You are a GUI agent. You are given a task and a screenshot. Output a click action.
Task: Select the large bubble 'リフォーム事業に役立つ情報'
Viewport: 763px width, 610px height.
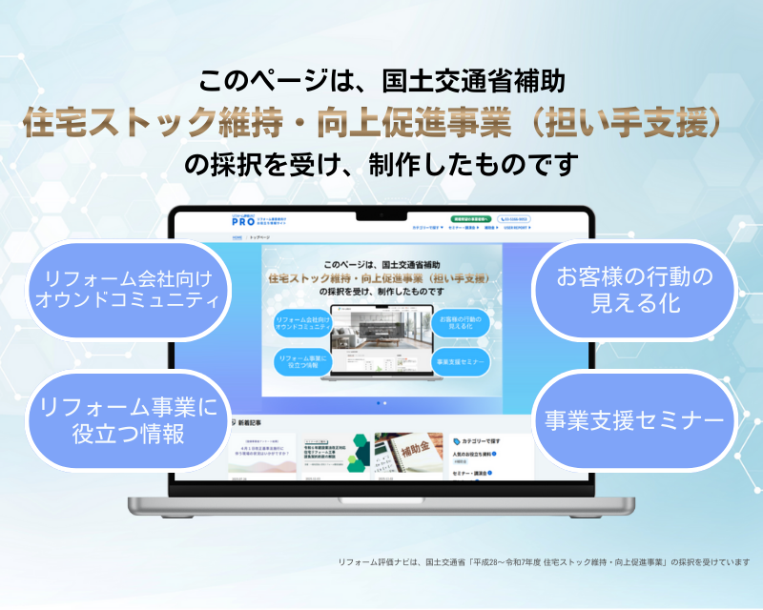coord(130,419)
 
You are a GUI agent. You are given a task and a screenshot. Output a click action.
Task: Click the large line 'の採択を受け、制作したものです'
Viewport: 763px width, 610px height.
coord(381,164)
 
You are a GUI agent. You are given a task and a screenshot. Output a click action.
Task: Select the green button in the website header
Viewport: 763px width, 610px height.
coord(471,219)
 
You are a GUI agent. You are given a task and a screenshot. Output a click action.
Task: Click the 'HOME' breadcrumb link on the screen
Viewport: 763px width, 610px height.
coord(236,237)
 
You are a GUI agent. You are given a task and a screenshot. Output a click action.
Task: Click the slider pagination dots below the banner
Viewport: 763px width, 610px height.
coord(381,403)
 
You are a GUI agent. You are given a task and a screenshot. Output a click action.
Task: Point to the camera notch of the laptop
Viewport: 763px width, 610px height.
coord(381,213)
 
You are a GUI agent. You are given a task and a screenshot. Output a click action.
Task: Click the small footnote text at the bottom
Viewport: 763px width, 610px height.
coord(544,562)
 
